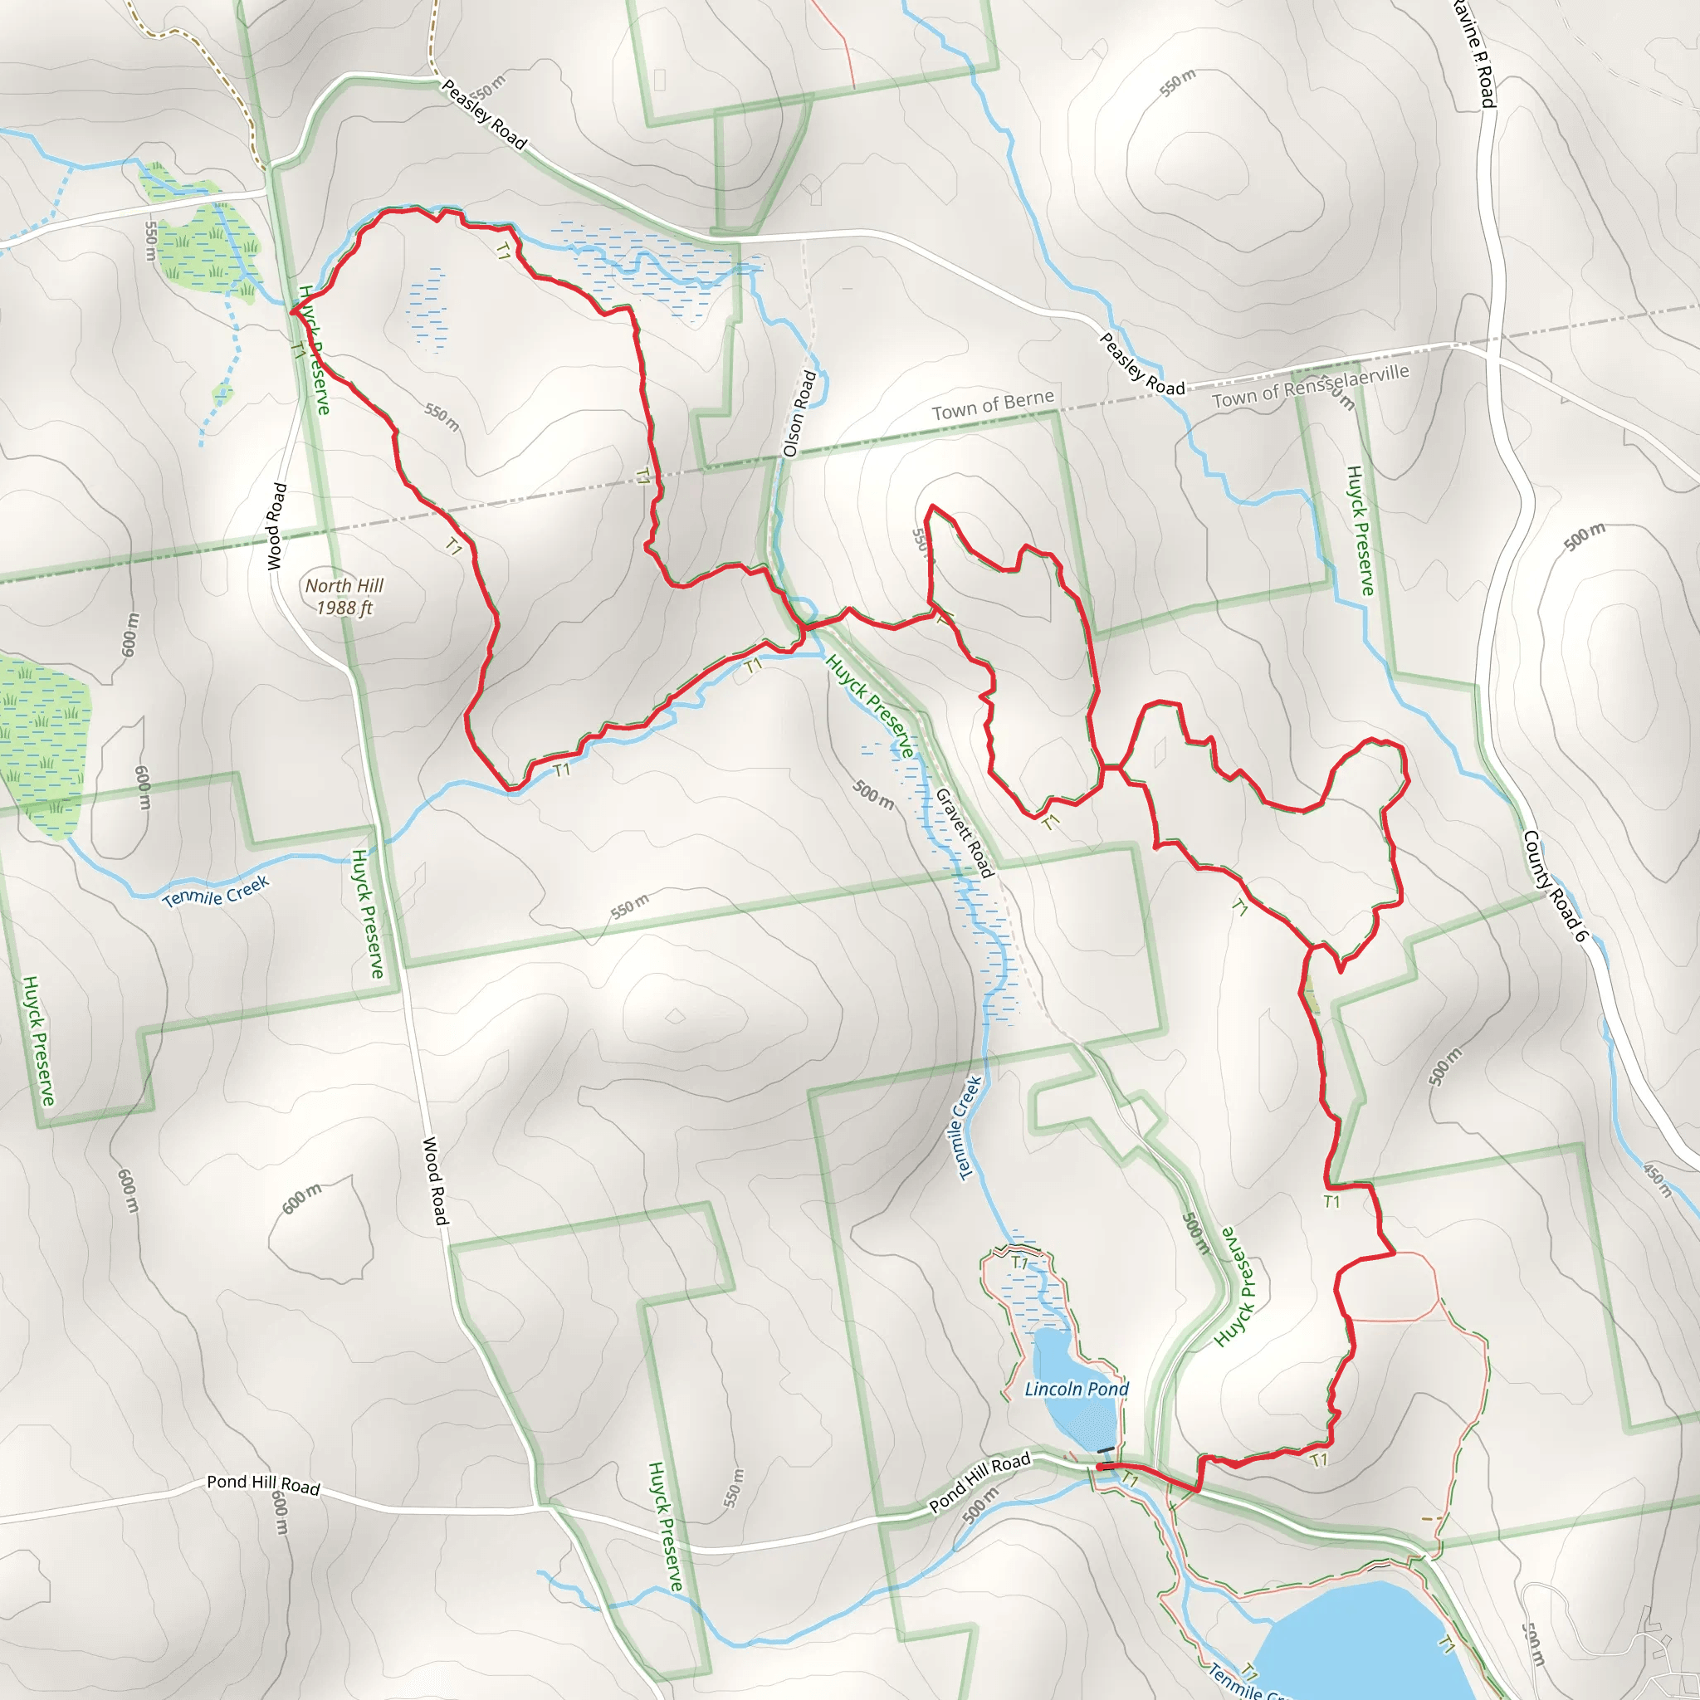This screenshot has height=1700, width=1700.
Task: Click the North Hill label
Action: point(344,585)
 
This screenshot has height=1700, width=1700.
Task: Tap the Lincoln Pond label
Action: point(1076,1389)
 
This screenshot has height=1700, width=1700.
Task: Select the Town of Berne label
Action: point(993,405)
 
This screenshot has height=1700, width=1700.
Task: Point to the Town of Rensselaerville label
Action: point(1310,386)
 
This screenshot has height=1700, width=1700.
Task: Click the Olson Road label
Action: point(800,413)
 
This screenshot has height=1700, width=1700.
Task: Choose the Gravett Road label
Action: point(965,833)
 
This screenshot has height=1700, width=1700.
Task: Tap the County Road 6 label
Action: point(1554,885)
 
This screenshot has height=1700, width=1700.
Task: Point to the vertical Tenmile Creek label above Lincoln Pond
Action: point(968,1127)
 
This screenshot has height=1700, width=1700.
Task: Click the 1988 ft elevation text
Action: point(344,607)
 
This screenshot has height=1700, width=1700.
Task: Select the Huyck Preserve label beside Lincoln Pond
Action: point(1235,1287)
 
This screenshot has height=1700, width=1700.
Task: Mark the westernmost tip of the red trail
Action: point(292,310)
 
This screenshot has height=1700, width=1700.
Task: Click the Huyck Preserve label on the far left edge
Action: point(39,1040)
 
